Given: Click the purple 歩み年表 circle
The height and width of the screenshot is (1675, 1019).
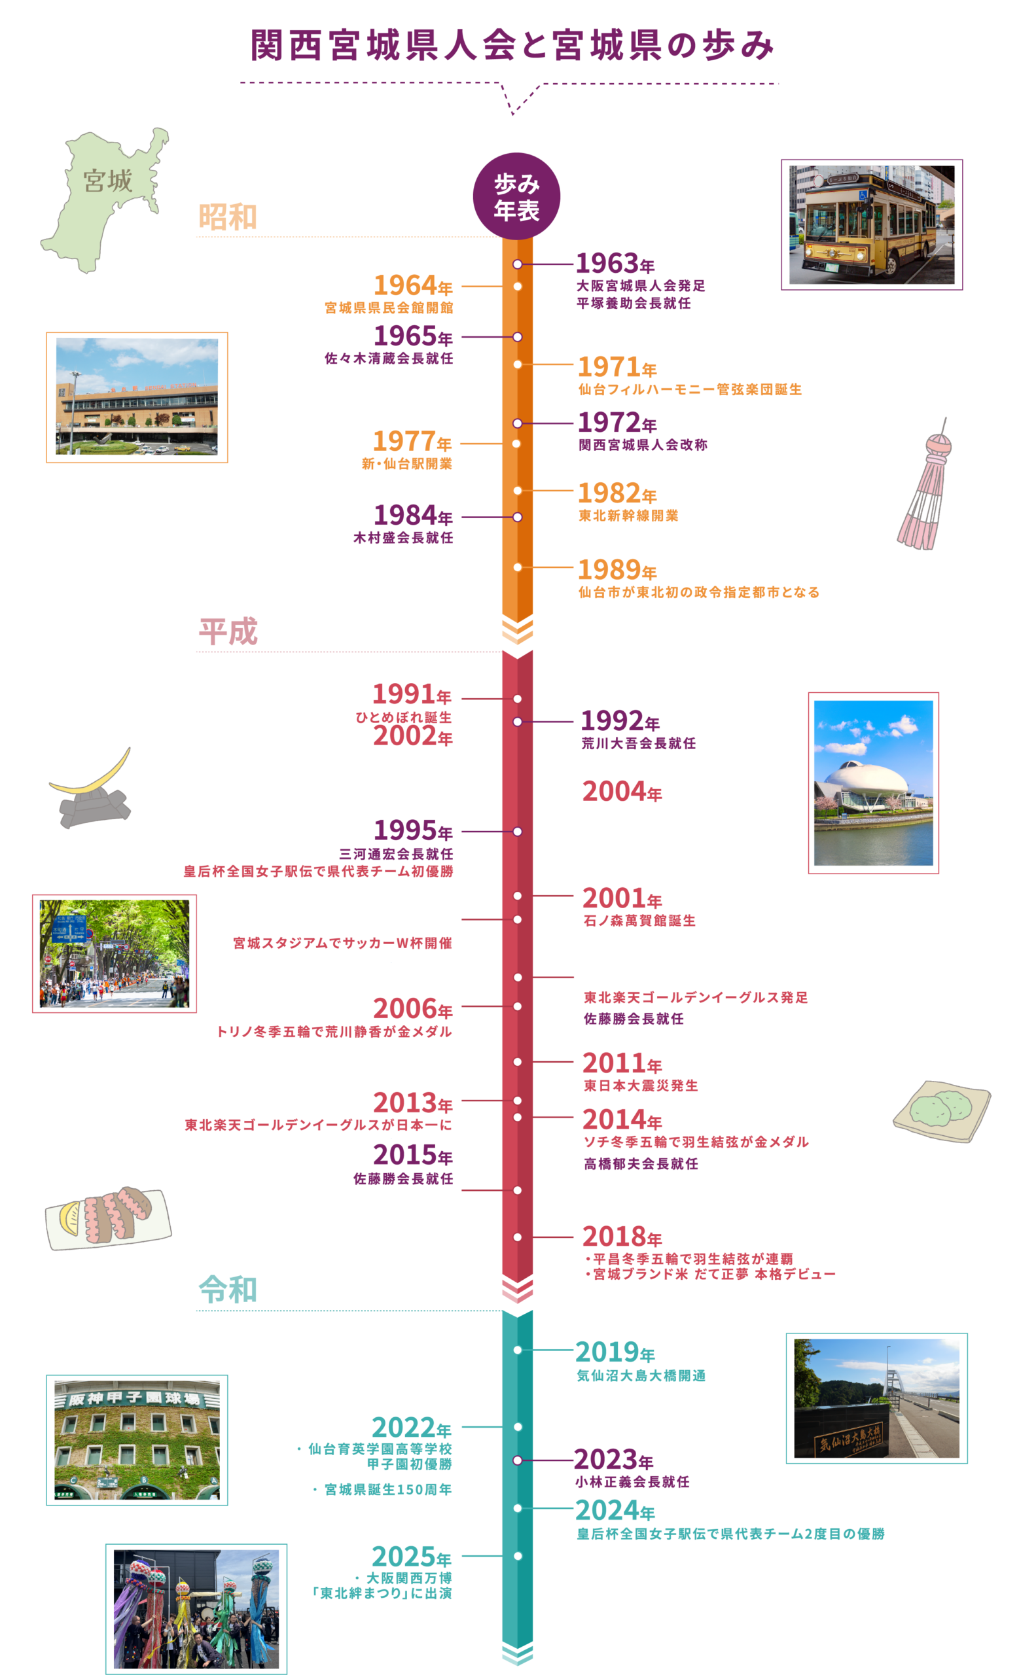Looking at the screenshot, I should point(516,196).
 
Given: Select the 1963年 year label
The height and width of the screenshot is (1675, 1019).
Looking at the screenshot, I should point(615,263).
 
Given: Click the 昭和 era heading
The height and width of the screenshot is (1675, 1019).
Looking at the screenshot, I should point(228,217).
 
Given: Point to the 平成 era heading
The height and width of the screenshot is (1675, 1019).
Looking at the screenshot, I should point(228,631).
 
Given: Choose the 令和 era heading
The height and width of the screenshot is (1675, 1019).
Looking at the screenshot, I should point(228,1290).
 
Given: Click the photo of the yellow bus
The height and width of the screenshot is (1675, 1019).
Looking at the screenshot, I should point(872,224).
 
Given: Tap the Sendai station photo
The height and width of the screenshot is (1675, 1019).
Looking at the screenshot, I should point(137,398).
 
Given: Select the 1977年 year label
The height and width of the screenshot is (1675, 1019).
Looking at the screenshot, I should point(412,442).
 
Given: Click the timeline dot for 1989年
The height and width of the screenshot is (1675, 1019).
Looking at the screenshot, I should point(517,567).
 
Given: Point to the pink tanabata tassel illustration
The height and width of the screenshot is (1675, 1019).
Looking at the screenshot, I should point(927,486).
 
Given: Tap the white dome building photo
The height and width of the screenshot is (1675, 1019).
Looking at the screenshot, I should point(874,783).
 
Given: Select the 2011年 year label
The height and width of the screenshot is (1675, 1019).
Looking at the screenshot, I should point(621,1063).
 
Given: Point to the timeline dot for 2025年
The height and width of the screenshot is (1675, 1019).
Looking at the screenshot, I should point(517,1556).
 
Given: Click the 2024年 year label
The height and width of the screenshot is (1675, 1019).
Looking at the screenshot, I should point(615,1511).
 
